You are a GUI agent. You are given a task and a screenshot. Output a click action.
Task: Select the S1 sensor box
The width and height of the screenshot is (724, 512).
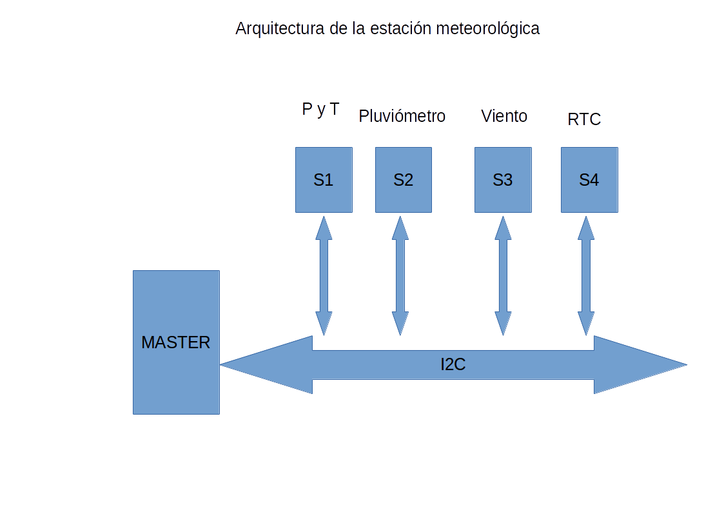click(324, 180)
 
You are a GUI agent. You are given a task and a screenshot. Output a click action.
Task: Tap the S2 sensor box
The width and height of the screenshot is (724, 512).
click(404, 180)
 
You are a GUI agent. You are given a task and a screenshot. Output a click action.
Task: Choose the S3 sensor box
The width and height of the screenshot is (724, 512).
click(503, 180)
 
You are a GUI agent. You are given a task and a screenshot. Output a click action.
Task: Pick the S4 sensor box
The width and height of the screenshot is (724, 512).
click(589, 180)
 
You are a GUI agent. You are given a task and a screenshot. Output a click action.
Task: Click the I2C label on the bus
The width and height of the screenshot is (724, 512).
click(453, 365)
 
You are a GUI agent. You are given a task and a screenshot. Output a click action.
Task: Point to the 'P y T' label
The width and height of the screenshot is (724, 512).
click(320, 110)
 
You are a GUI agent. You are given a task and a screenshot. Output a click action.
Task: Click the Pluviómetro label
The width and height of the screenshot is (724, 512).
click(402, 116)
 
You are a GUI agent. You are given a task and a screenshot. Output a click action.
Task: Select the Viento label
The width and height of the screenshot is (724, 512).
click(504, 116)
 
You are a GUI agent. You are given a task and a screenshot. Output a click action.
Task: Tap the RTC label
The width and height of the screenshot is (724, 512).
click(584, 119)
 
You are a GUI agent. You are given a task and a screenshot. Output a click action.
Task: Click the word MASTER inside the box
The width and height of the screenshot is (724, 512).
click(176, 342)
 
